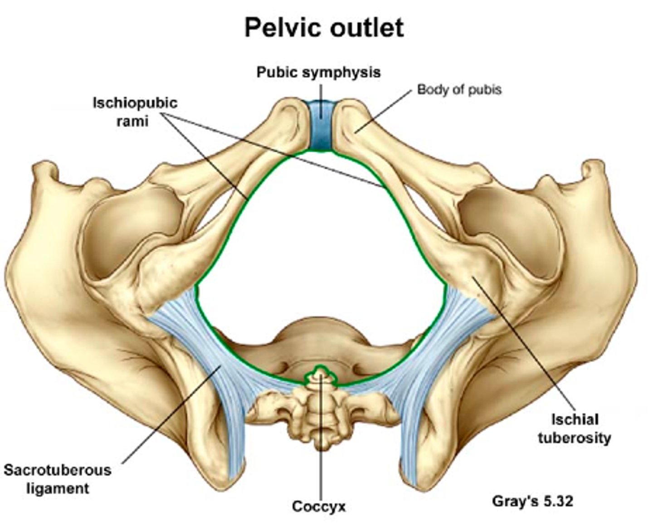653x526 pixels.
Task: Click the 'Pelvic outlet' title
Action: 324,28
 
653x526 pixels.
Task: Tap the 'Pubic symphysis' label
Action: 318,72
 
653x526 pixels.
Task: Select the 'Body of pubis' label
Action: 459,89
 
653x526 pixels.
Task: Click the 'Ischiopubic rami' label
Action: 135,111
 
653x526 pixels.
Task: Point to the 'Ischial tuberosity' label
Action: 574,429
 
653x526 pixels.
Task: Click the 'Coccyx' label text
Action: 318,506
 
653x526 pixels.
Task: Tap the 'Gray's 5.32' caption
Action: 532,501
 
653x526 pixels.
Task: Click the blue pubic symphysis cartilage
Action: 321,127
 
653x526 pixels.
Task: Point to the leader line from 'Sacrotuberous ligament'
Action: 172,413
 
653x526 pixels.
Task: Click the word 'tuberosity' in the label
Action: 574,438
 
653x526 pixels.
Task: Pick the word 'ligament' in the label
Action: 57,488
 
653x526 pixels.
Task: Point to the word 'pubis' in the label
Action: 486,89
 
